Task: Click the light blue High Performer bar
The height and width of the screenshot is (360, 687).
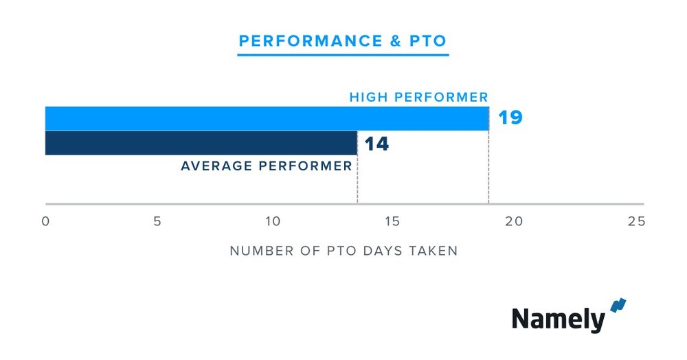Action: click(267, 118)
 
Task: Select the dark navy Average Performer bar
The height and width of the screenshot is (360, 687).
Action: click(201, 143)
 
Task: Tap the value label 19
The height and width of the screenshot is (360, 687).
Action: click(510, 117)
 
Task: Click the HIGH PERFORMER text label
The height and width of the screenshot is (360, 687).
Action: click(418, 97)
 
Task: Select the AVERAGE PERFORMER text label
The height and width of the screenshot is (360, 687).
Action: click(266, 166)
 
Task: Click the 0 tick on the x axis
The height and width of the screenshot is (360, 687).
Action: click(45, 221)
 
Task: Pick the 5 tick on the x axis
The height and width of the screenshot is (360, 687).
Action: click(157, 221)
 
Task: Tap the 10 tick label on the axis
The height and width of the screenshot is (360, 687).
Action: click(273, 221)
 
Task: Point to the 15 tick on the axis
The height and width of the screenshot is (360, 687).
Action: click(392, 221)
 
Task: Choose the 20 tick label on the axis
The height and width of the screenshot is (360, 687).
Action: click(514, 221)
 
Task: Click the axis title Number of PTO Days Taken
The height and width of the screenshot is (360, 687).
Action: click(343, 251)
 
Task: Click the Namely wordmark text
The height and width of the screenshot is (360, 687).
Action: click(558, 319)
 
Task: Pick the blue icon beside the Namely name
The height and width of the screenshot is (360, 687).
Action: click(618, 306)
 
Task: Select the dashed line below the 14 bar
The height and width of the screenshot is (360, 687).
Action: click(357, 185)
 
